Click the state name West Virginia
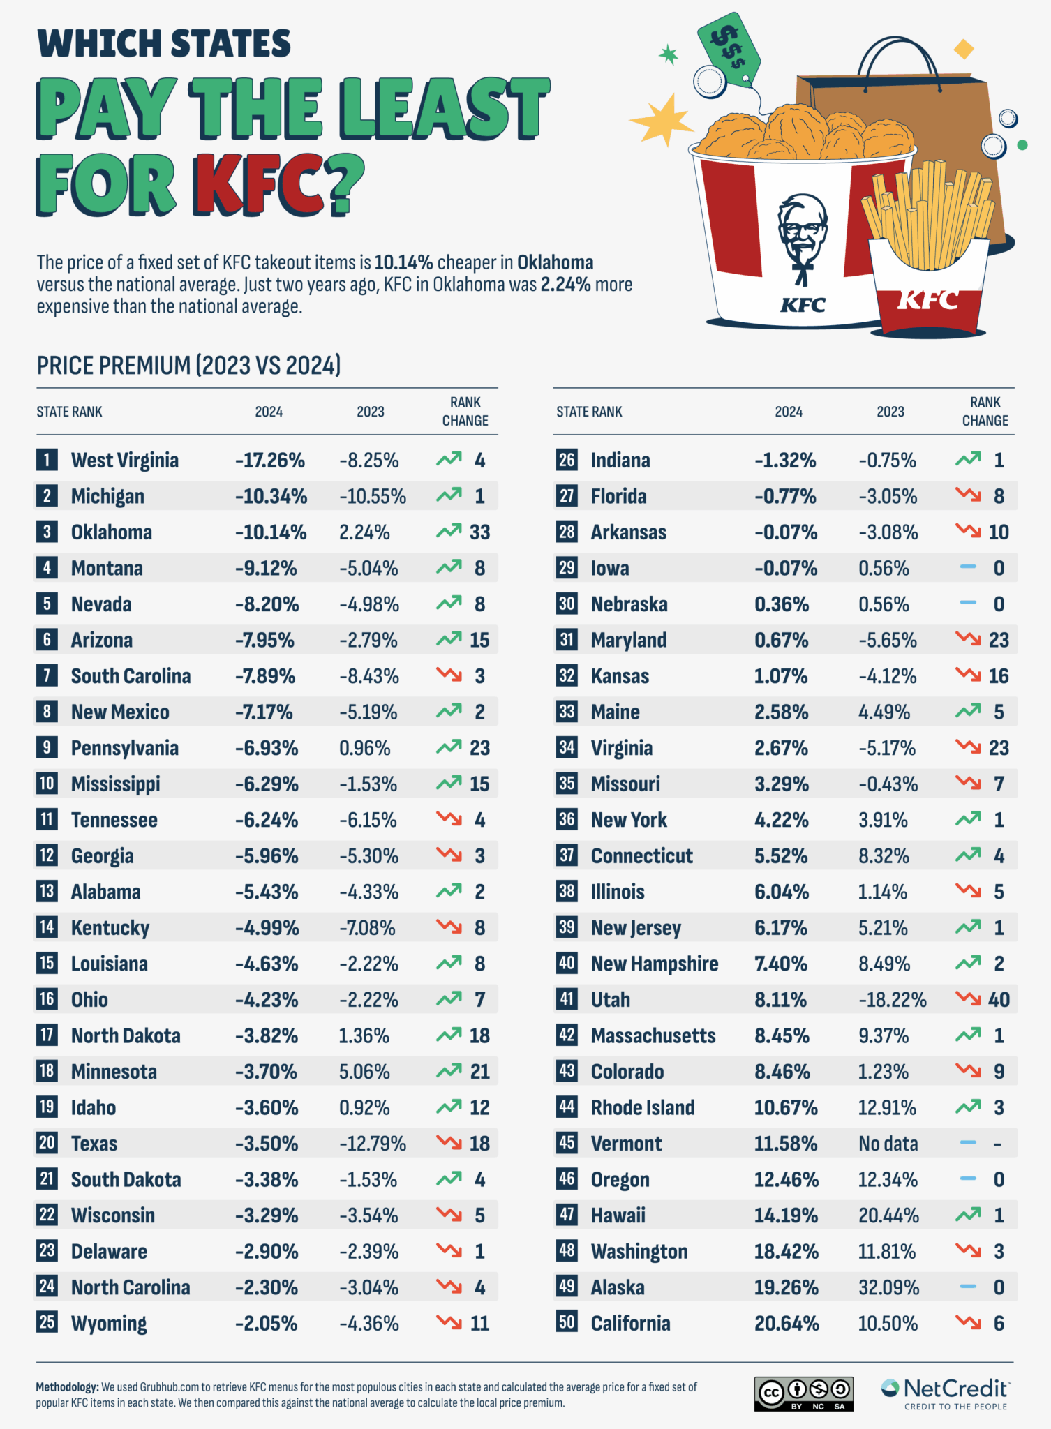click(124, 461)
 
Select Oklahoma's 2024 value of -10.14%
click(270, 532)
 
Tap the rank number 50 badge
click(567, 1323)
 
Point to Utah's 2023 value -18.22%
click(892, 1000)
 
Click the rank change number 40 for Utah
click(999, 1000)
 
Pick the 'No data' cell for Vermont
click(888, 1144)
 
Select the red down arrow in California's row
click(968, 1322)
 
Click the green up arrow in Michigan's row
click(449, 495)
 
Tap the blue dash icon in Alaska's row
click(968, 1287)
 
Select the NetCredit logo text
click(956, 1389)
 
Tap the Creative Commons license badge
click(803, 1393)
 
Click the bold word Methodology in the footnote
click(67, 1387)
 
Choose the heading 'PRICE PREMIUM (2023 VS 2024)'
click(188, 366)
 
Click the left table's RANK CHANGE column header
click(465, 412)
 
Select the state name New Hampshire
click(654, 964)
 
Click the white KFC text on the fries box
click(927, 300)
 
